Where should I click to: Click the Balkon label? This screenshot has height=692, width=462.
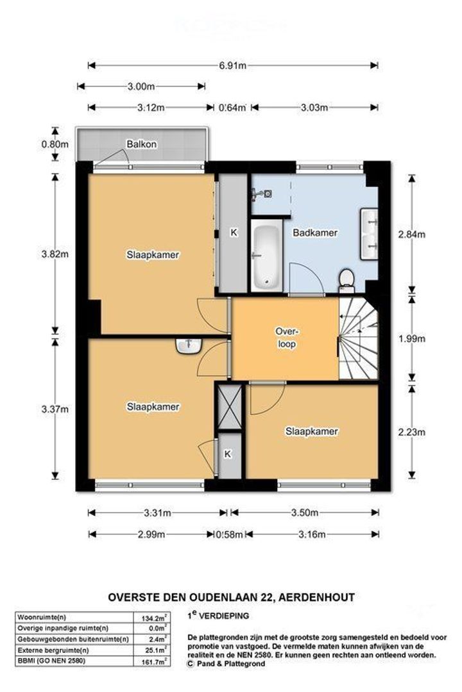tap(141, 144)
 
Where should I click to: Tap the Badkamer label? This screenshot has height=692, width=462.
tap(315, 233)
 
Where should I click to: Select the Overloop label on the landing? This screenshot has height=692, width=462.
tap(287, 338)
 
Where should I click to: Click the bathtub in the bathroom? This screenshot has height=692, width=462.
tap(266, 255)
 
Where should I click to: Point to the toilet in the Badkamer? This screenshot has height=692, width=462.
tap(346, 281)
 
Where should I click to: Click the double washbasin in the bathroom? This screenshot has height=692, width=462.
tap(369, 234)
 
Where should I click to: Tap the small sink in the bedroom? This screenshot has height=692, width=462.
tap(189, 346)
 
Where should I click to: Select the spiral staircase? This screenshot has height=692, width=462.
tap(359, 338)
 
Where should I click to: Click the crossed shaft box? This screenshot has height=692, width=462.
tap(230, 407)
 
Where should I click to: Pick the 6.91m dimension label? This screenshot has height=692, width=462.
tap(232, 66)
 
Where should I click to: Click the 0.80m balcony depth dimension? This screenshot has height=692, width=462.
tap(55, 144)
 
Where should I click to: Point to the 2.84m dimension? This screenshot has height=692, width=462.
tap(411, 235)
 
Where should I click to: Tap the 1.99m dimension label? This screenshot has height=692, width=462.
tap(411, 338)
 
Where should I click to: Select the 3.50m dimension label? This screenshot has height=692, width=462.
tap(305, 513)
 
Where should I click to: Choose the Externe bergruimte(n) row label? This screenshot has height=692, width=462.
tap(53, 650)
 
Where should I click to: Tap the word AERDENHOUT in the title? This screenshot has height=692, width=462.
tap(316, 597)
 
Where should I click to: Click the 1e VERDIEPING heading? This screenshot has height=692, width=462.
tap(218, 615)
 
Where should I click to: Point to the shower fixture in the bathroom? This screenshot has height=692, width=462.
tap(262, 194)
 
